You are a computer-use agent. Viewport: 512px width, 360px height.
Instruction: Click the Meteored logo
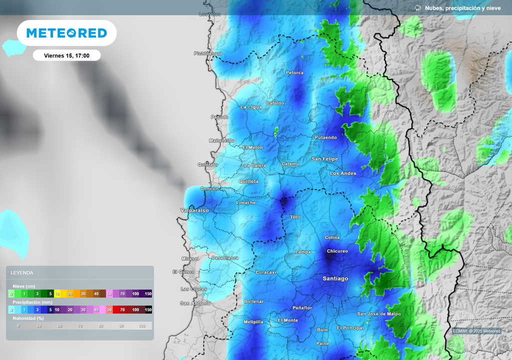click(66, 33)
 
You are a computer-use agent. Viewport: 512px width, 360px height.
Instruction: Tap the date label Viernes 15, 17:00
click(66, 55)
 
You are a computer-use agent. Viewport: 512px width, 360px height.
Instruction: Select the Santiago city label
click(335, 278)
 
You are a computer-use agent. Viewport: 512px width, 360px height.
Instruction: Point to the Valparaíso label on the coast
click(194, 210)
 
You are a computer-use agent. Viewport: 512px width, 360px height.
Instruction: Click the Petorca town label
click(294, 73)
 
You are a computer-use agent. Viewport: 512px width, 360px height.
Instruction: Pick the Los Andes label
click(343, 173)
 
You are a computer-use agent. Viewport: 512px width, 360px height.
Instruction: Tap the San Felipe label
click(324, 159)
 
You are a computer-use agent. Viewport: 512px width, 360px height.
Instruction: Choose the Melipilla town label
click(253, 322)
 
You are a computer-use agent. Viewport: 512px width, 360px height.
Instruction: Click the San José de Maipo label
click(378, 314)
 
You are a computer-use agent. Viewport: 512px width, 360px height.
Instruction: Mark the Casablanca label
click(225, 258)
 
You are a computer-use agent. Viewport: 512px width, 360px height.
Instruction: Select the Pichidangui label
click(207, 53)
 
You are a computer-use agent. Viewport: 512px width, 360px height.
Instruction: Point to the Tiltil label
click(295, 217)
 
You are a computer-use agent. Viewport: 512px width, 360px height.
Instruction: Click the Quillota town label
click(248, 181)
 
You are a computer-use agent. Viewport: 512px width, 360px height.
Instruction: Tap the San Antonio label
click(195, 303)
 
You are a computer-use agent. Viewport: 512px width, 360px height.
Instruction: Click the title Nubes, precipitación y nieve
click(462, 8)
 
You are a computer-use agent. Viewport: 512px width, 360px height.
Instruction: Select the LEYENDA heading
click(22, 272)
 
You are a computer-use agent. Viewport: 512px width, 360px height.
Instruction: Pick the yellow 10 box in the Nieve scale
click(57, 294)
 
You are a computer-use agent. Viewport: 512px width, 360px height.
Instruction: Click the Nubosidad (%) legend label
click(28, 318)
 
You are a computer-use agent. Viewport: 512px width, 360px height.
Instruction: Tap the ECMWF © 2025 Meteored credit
click(476, 331)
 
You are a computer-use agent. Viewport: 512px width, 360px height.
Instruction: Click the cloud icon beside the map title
click(418, 8)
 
